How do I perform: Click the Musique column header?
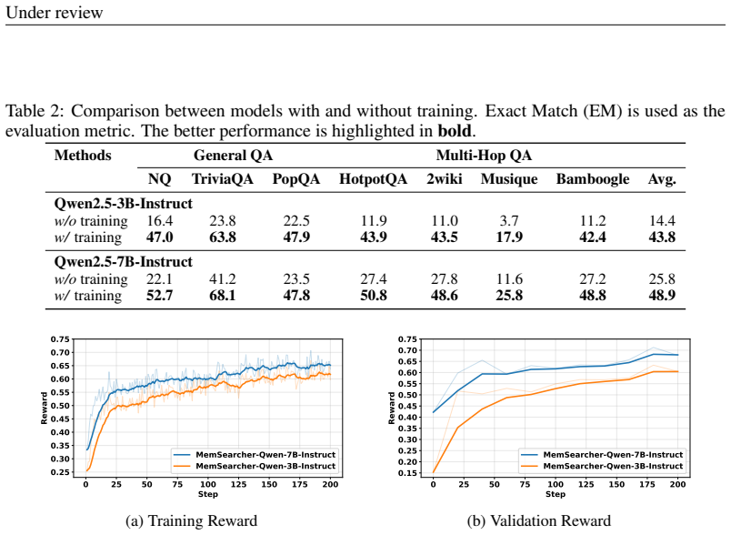509,179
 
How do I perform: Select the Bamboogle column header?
593,179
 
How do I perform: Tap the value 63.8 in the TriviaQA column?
223,237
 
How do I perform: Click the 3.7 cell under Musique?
509,220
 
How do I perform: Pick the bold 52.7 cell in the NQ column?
159,296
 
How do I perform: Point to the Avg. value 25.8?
662,279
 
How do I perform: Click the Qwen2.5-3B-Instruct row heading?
123,204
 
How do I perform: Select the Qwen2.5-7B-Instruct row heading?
123,262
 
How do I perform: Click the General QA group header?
233,156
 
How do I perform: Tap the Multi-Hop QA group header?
484,156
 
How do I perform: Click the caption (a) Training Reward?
191,520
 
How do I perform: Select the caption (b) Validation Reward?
539,520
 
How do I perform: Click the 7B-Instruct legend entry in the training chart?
255,455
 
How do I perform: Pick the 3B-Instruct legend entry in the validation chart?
602,466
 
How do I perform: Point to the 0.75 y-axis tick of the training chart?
60,339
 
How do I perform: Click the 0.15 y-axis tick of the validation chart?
408,473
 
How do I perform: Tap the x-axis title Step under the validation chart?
556,494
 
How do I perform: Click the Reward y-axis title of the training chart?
45,408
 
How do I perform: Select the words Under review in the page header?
54,12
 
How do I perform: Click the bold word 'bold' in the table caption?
455,131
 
